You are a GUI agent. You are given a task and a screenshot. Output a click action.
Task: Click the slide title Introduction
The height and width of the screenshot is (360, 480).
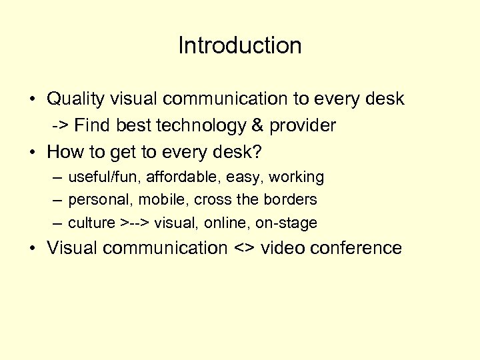(x=240, y=45)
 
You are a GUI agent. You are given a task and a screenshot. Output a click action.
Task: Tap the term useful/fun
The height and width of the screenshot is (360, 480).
(x=99, y=177)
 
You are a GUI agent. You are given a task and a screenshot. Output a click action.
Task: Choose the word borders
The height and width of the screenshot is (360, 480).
(x=293, y=199)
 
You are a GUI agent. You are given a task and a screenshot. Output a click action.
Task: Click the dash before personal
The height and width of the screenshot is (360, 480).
(x=58, y=200)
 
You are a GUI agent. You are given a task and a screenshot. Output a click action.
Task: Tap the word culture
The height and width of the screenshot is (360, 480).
(x=91, y=223)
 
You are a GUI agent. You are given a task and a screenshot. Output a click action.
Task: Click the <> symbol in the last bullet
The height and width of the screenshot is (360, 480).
(x=244, y=249)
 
